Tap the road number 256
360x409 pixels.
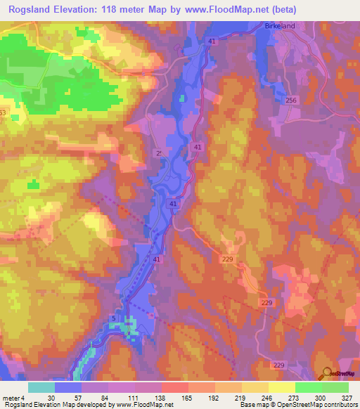point(292,101)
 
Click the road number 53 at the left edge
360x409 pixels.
point(2,112)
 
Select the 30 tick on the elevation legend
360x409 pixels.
point(51,398)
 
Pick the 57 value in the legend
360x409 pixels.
point(78,398)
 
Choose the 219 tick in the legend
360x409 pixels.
point(240,398)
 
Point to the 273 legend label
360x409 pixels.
point(294,398)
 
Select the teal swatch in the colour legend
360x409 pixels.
point(41,387)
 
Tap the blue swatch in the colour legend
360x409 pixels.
point(68,387)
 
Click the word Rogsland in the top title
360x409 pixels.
point(32,9)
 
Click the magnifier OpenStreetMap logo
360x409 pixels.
point(327,374)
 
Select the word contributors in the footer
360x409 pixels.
point(339,405)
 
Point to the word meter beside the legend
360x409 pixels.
point(12,398)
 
